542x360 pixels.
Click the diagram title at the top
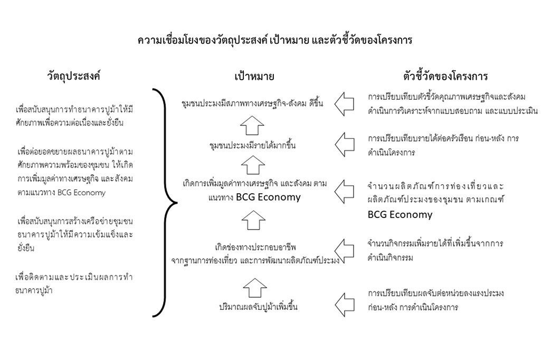275,40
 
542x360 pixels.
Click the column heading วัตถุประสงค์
73,75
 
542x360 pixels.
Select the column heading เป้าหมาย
254,77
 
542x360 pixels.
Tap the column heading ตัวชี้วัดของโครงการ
445,75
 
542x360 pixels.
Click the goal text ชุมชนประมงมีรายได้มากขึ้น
253,145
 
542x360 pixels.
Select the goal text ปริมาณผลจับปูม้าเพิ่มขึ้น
258,306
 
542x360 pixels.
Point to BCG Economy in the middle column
268,197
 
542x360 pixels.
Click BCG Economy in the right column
400,215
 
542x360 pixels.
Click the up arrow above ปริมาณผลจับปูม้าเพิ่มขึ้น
255,288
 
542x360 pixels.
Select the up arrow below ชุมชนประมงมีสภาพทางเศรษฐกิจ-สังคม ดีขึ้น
252,125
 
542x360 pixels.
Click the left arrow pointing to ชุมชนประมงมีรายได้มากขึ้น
345,144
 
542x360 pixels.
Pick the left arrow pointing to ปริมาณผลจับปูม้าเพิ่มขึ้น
345,305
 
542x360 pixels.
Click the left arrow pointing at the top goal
344,104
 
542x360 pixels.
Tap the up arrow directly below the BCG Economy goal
253,220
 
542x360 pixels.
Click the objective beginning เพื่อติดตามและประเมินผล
74,283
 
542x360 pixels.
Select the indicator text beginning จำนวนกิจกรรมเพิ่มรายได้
435,250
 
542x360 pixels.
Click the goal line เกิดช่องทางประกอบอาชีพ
255,247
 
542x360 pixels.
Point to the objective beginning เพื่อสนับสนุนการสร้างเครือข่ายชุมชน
75,234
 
